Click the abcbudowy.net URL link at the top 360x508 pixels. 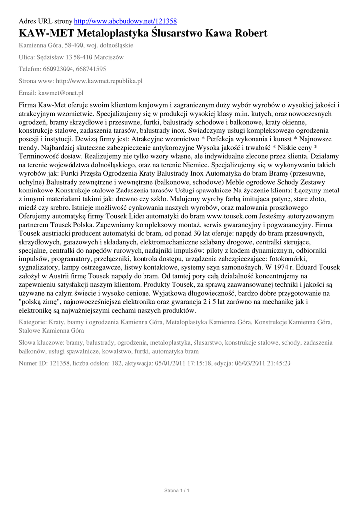(x=125, y=21)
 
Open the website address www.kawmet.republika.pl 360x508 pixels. (x=99, y=81)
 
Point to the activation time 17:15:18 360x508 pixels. (x=212, y=363)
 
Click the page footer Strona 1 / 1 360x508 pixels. (x=177, y=491)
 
